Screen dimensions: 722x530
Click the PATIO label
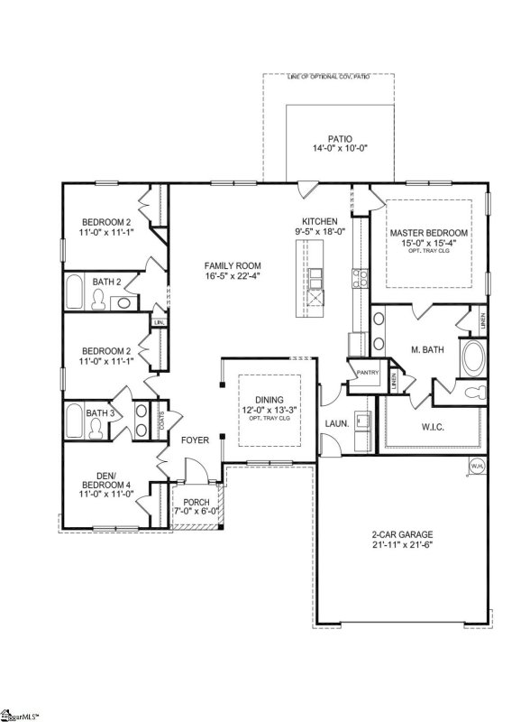(x=340, y=139)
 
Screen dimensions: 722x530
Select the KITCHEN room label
(x=319, y=221)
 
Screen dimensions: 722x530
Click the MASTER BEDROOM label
(x=428, y=233)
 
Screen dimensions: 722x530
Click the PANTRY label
(x=367, y=372)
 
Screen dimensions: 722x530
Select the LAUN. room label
(x=337, y=422)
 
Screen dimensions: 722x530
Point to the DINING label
(x=269, y=400)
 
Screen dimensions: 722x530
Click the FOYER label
(x=195, y=440)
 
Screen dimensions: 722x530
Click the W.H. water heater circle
(x=475, y=466)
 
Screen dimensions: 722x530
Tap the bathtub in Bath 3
(x=77, y=422)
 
